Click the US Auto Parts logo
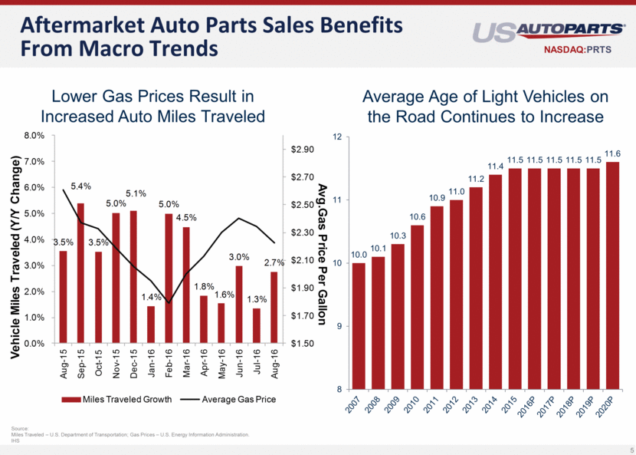pos(549,31)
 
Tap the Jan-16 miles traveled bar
pos(151,325)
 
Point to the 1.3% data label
pos(257,300)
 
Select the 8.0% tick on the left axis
pos(34,135)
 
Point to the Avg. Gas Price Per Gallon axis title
pos(323,238)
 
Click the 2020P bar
pos(612,275)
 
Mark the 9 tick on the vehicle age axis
pos(338,326)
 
